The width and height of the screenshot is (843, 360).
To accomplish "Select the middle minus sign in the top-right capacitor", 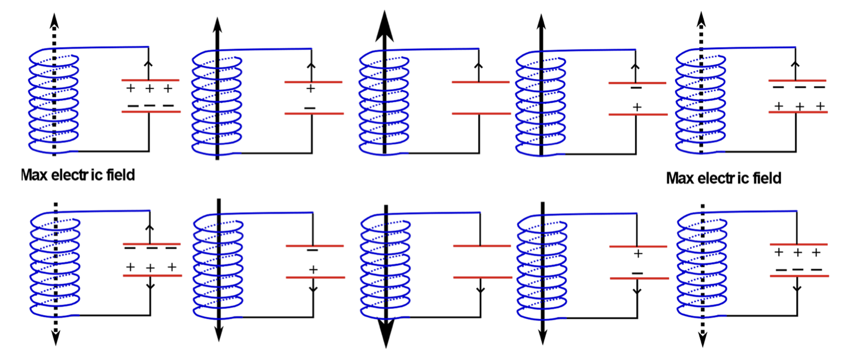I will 799,87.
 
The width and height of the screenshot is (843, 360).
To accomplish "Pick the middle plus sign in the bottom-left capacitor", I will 151,267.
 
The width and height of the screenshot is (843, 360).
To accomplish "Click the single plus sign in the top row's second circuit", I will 311,89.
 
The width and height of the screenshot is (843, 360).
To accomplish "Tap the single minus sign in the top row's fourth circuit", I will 636,88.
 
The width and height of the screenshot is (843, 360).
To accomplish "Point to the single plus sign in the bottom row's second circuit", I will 313,269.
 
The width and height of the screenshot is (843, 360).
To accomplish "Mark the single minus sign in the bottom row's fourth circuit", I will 637,273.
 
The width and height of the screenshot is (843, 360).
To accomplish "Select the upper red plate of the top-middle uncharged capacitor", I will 480,83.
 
